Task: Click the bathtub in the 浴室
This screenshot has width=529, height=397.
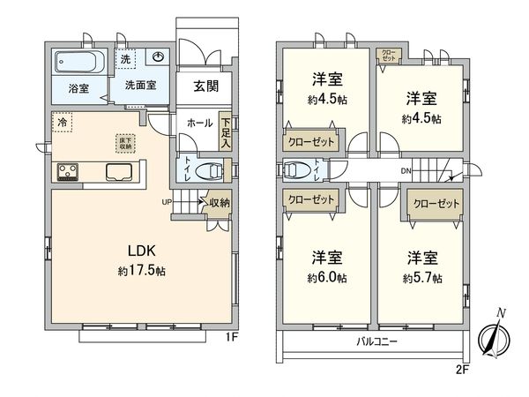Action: coord(79,63)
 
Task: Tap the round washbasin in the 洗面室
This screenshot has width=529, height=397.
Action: coord(159,57)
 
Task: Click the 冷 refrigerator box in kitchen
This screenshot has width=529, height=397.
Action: coord(62,123)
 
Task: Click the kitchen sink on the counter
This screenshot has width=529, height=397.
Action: coord(120,171)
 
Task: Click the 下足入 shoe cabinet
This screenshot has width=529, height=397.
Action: coord(227,132)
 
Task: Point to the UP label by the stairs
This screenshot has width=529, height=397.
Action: coord(165,202)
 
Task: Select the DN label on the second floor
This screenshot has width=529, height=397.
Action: coord(405,171)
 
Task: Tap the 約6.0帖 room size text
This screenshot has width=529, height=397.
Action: coord(327,278)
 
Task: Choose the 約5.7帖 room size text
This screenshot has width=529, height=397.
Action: coord(424,278)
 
